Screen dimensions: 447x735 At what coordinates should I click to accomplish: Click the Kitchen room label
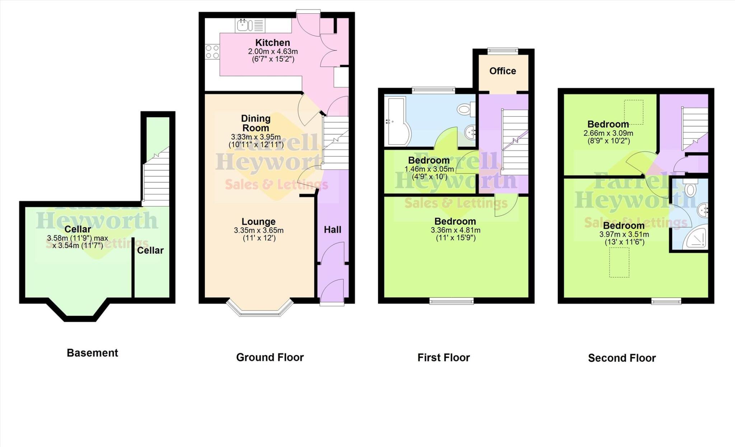pyautogui.click(x=272, y=42)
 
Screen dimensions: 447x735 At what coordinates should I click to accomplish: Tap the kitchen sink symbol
pyautogui.click(x=244, y=25)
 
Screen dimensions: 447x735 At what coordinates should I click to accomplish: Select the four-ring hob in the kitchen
pyautogui.click(x=212, y=51)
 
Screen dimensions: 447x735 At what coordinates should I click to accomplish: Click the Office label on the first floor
pyautogui.click(x=502, y=71)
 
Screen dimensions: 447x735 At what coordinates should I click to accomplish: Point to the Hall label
pyautogui.click(x=332, y=230)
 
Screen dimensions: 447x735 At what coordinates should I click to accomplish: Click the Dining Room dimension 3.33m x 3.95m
pyautogui.click(x=256, y=137)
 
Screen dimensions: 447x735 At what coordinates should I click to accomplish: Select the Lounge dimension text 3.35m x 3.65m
pyautogui.click(x=258, y=230)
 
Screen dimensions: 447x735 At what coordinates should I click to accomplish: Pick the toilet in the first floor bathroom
pyautogui.click(x=467, y=108)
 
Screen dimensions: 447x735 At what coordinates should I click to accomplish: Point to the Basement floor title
pyautogui.click(x=92, y=353)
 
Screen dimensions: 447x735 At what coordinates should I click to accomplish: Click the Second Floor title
pyautogui.click(x=622, y=358)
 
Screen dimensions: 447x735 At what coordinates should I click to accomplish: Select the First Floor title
pyautogui.click(x=443, y=358)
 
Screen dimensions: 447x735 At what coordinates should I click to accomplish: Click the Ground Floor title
pyautogui.click(x=270, y=357)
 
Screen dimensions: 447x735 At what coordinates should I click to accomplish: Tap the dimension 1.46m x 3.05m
pyautogui.click(x=429, y=169)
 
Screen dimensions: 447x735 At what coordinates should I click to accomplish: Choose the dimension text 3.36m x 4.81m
pyautogui.click(x=455, y=230)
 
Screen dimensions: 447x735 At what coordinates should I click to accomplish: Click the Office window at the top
pyautogui.click(x=502, y=51)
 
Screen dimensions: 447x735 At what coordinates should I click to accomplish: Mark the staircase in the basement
pyautogui.click(x=156, y=178)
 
